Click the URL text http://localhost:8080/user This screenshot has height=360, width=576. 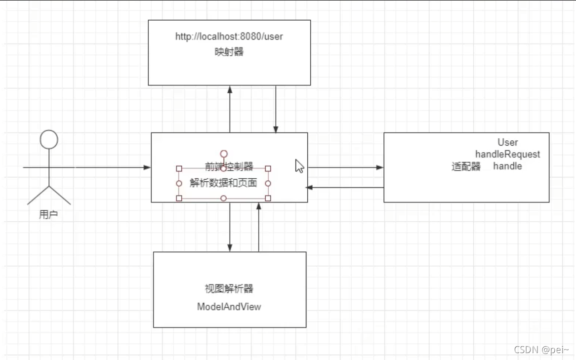point(229,37)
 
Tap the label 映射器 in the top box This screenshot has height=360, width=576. point(229,52)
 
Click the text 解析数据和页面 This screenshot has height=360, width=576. point(223,183)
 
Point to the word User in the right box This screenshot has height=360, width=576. point(507,143)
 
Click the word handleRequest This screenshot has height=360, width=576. point(507,155)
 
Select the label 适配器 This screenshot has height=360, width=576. point(466,167)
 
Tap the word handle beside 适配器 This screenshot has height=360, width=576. point(507,166)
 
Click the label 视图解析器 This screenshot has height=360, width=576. point(229,289)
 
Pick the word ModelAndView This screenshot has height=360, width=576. point(229,307)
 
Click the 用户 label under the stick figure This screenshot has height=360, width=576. point(48,215)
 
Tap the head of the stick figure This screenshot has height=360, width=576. point(49,139)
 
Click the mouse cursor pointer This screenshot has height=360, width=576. point(299,166)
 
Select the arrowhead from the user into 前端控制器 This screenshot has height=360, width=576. point(147,167)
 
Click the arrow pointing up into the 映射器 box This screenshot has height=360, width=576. point(230,89)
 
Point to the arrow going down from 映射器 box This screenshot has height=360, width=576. point(276,129)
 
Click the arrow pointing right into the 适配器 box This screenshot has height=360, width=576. point(379,167)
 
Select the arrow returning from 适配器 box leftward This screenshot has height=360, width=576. point(310,187)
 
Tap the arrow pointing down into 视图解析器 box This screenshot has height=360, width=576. point(230,247)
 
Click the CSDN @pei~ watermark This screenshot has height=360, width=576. point(541,350)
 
